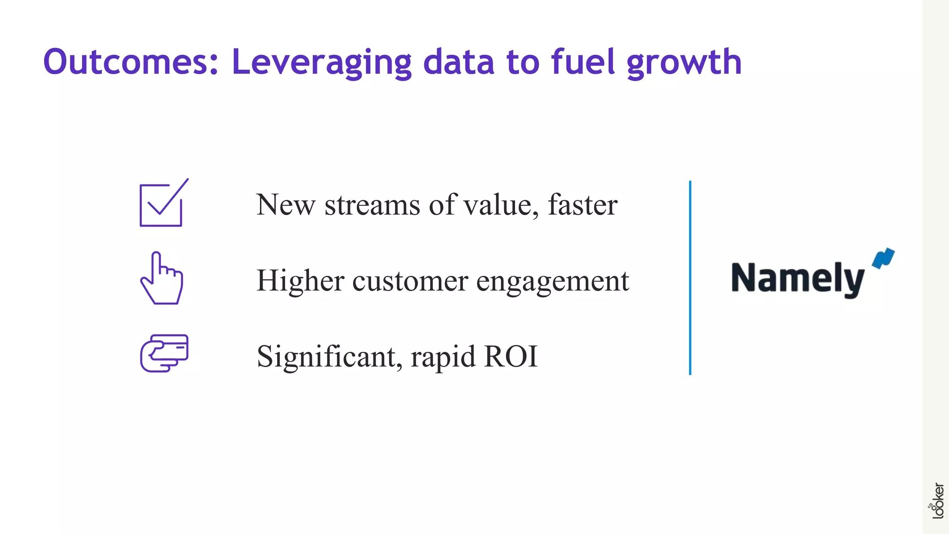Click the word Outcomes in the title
click(130, 62)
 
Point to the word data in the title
click(458, 62)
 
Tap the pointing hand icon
click(162, 278)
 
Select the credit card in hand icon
click(164, 353)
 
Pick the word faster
click(582, 205)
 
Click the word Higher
click(300, 281)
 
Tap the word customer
click(410, 281)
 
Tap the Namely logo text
click(797, 279)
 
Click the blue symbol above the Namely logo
click(883, 258)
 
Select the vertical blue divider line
click(690, 278)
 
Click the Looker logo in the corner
click(937, 501)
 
